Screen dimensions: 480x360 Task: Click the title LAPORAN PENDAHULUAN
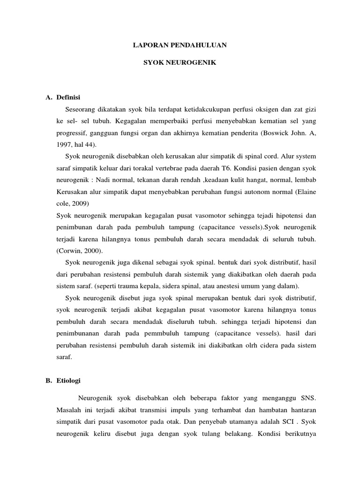180,45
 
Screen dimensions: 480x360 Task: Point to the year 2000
93,251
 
